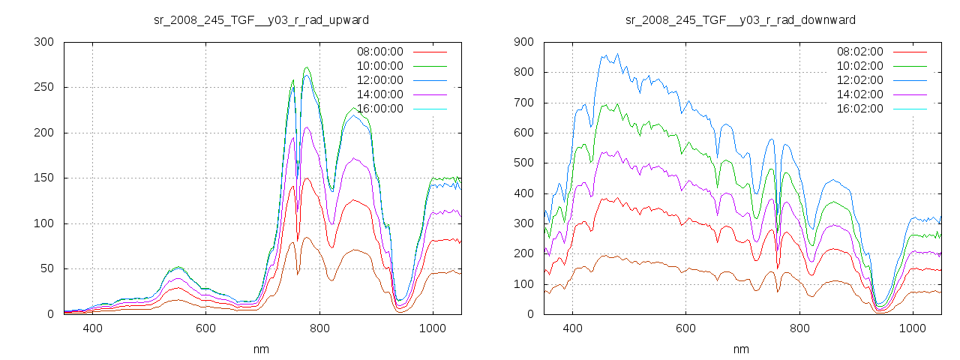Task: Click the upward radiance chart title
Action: tap(261, 19)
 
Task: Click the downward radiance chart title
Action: tap(740, 19)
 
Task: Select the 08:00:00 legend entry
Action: tap(379, 52)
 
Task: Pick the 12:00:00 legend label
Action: tap(379, 80)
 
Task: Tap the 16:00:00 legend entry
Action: tap(379, 109)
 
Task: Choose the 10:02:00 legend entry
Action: tap(859, 66)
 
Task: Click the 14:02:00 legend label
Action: tap(859, 94)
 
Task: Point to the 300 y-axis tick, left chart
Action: tap(43, 42)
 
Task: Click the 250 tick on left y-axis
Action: tap(43, 87)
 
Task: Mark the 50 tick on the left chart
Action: tap(46, 268)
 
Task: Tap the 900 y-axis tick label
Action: tap(523, 42)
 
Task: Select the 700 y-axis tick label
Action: tap(523, 103)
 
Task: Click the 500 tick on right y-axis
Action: tap(523, 163)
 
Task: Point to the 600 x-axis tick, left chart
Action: tap(206, 328)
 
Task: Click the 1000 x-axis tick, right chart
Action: tap(912, 328)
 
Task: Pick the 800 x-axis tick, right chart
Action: tap(799, 328)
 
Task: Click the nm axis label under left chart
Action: tap(261, 349)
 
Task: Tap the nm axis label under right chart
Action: tap(740, 349)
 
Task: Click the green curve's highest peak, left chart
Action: tap(307, 67)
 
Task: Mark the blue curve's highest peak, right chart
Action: tap(617, 54)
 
